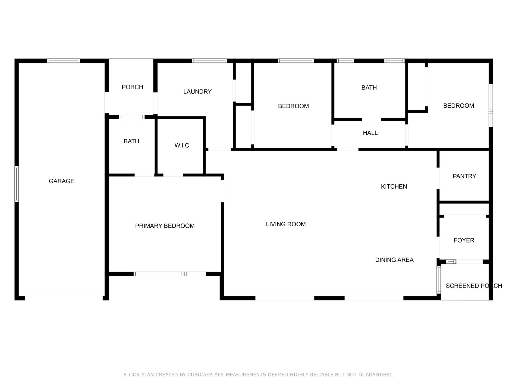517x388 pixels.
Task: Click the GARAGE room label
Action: pos(61,181)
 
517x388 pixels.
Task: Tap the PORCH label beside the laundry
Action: pos(132,87)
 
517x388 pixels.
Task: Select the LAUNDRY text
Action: pos(197,92)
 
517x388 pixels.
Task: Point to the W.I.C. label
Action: pos(183,145)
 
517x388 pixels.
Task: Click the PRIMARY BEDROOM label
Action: pos(165,226)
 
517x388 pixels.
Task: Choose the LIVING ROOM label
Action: pos(286,224)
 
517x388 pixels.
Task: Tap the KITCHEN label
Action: pos(394,186)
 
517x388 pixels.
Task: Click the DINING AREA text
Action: pos(394,260)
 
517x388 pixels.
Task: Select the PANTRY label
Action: pos(464,176)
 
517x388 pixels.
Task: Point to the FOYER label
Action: pos(464,240)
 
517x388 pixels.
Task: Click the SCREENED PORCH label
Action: pos(474,286)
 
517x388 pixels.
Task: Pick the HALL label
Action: pos(370,133)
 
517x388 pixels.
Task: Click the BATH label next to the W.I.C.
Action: pos(131,141)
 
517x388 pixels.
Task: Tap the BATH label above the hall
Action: pos(369,88)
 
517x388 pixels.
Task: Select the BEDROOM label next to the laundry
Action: pos(293,106)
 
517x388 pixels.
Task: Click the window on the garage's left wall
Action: pos(16,184)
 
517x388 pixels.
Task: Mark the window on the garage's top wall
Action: pos(64,61)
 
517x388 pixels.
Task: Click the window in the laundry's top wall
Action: pos(209,61)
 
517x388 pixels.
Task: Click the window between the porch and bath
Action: pos(132,117)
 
